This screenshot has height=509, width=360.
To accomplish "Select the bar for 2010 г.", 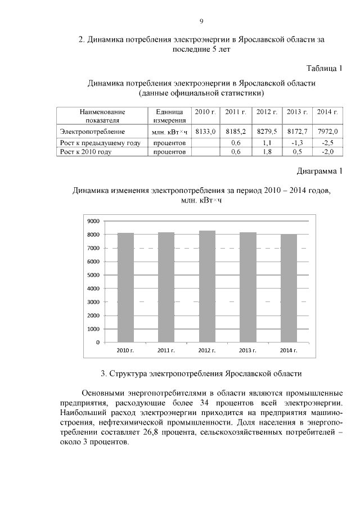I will tap(125, 287).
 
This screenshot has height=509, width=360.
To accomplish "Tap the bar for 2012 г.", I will tap(207, 286).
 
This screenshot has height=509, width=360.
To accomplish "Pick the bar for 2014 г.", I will tap(289, 288).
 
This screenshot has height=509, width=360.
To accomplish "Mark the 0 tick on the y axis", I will tap(97, 342).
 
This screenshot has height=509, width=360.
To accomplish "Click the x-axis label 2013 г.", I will tap(247, 350).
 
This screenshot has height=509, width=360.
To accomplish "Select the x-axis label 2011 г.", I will tap(166, 350).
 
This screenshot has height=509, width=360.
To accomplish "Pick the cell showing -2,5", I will tap(327, 143).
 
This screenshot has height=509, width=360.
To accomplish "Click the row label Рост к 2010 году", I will tap(86, 152).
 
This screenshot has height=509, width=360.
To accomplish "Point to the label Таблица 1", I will tap(324, 69).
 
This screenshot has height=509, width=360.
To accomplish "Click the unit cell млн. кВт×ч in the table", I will tap(169, 131).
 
